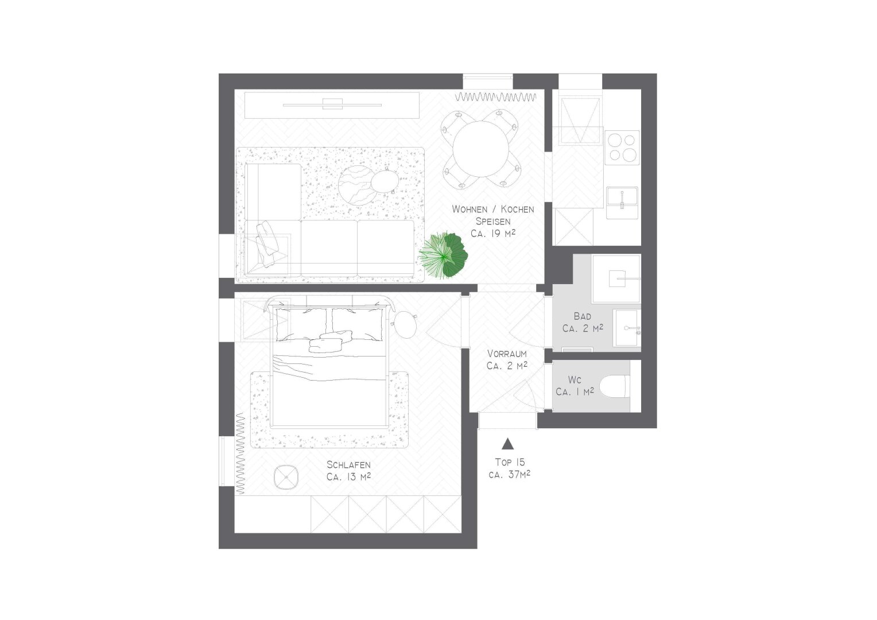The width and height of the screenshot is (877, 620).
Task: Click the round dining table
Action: click(480, 149)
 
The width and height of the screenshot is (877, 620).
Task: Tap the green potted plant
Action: click(443, 255)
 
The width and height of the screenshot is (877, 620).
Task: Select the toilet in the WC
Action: click(615, 386)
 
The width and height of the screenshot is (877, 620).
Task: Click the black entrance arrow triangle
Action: click(508, 443)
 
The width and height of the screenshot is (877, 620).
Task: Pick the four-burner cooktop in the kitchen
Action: click(622, 148)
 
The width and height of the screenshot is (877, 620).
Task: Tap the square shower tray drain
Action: click(617, 278)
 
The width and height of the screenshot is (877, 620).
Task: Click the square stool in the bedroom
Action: click(286, 478)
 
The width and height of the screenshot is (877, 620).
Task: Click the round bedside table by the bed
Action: click(405, 325)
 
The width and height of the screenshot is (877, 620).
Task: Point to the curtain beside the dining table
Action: click(496, 96)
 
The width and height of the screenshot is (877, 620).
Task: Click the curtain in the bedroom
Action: click(240, 453)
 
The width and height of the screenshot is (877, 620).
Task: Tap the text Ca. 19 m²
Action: click(493, 234)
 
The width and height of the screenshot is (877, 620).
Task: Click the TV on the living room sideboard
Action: click(332, 104)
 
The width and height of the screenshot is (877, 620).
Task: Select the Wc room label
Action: click(575, 379)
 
